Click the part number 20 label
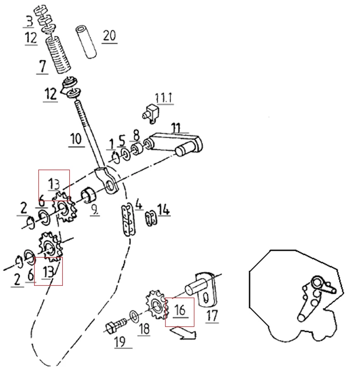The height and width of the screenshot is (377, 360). [x=109, y=36]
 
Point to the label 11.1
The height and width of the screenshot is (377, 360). [x=163, y=98]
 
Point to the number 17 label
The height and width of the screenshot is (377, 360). [x=212, y=316]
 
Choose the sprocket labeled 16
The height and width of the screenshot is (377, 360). [x=156, y=306]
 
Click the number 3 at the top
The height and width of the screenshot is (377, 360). [x=30, y=21]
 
